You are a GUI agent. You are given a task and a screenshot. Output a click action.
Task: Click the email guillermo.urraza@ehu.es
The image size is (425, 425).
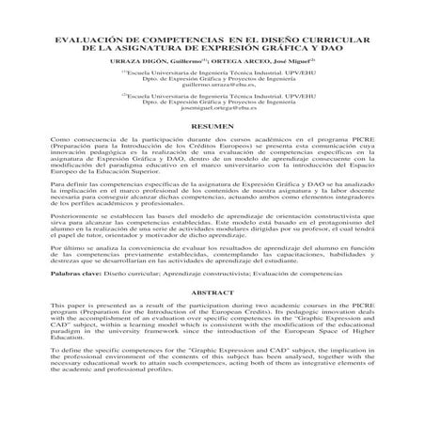[212, 86]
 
